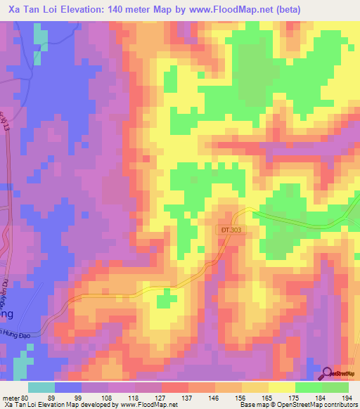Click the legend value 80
[27, 397]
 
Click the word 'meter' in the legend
[11, 397]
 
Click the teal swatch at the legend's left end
[41, 387]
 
